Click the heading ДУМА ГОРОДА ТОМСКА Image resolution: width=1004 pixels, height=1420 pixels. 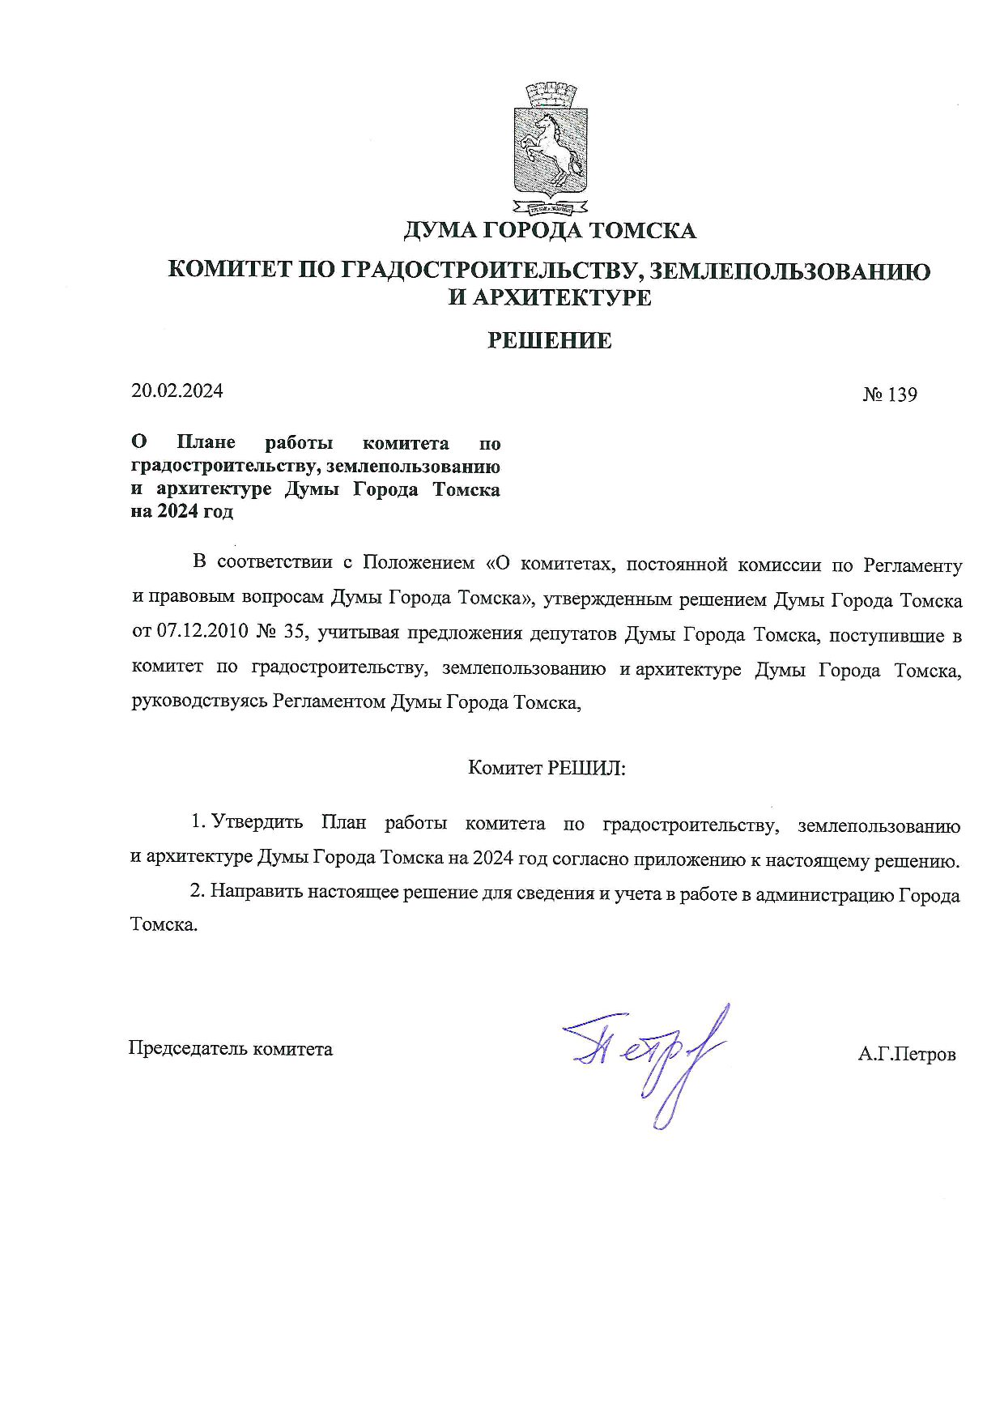[x=549, y=231]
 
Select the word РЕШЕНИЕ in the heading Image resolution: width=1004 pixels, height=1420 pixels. [x=549, y=341]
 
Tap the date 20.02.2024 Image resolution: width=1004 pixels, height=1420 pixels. [x=177, y=390]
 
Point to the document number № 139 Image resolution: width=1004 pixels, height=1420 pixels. [x=890, y=394]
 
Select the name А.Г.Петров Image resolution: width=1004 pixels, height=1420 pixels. [x=908, y=1055]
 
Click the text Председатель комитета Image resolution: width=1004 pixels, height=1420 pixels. [x=231, y=1049]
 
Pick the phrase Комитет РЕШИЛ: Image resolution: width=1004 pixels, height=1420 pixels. [x=547, y=768]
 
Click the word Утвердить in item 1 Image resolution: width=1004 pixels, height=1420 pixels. [x=257, y=824]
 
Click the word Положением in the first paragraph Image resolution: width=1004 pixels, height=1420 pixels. [x=418, y=564]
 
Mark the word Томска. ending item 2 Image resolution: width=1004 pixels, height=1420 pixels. [x=164, y=925]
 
